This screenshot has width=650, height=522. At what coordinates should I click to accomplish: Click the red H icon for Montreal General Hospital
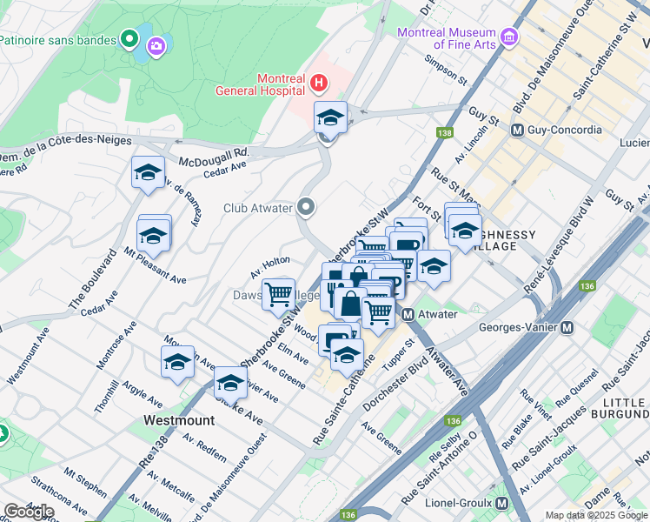tap(319, 84)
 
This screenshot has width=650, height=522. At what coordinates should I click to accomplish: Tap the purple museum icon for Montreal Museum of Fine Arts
tap(509, 38)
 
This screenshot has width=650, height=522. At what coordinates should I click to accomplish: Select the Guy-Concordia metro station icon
tap(517, 130)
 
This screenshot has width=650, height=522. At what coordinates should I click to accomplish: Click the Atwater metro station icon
tap(407, 314)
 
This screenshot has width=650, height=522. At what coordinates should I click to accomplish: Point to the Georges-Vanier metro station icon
tap(567, 328)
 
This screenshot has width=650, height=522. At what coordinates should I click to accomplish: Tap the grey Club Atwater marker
tap(305, 207)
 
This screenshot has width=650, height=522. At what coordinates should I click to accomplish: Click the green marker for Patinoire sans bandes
tap(129, 38)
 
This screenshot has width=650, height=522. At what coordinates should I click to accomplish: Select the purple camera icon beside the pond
tap(156, 45)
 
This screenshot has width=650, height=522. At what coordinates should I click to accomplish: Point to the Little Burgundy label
tap(618, 409)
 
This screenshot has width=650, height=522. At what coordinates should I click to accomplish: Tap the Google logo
tap(29, 511)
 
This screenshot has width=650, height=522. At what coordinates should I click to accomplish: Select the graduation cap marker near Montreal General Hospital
tap(330, 117)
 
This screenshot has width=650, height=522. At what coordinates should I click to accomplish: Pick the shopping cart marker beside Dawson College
tap(278, 294)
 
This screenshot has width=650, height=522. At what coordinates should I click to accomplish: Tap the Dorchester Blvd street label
tap(396, 376)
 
